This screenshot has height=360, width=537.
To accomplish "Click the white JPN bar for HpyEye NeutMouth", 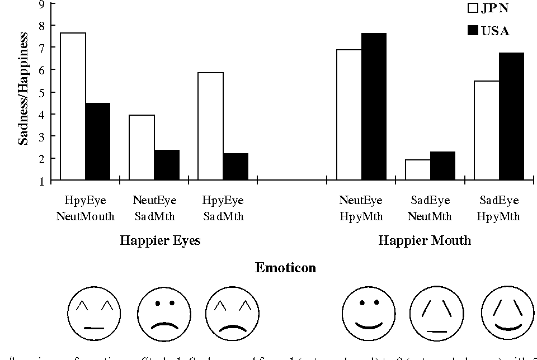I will click(73, 106).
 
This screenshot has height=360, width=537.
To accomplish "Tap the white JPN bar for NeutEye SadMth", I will click(142, 148).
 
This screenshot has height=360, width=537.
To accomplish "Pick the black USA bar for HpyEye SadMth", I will click(235, 167).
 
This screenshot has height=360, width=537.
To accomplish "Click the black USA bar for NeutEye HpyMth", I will click(374, 106).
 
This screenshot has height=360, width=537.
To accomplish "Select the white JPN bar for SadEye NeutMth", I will click(418, 170).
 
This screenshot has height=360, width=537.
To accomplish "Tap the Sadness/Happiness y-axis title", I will click(23, 88).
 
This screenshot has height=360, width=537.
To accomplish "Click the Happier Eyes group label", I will click(160, 241).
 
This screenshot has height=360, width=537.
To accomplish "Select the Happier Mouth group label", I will click(425, 241).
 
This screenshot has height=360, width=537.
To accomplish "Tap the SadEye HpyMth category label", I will click(499, 209).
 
